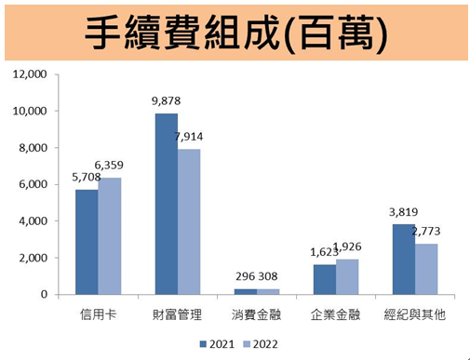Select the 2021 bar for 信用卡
click(87, 242)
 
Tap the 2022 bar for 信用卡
click(110, 236)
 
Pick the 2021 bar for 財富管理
click(166, 204)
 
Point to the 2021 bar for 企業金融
click(325, 279)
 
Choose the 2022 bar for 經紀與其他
click(427, 269)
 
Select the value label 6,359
click(108, 167)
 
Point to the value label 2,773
click(426, 233)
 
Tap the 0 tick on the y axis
click(43, 295)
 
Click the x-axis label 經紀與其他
click(415, 315)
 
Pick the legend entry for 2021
click(218, 344)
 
